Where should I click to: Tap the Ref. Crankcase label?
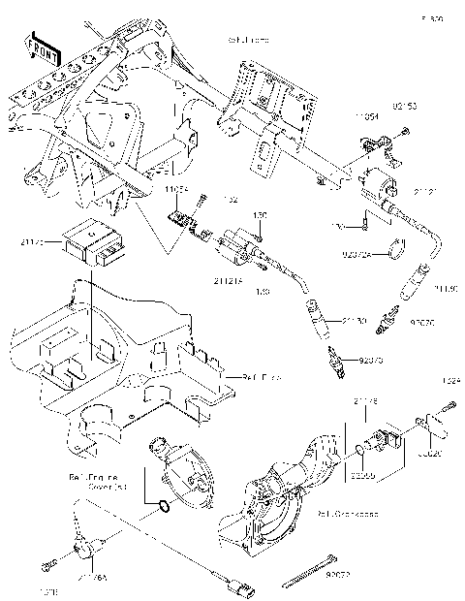point(350,513)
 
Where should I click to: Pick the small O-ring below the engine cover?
point(166,505)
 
